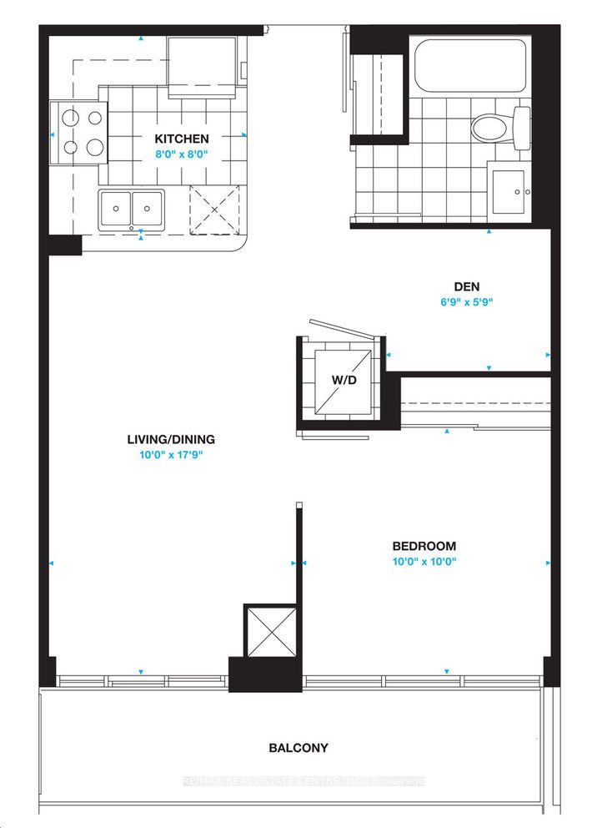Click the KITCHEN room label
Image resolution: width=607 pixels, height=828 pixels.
(x=180, y=139)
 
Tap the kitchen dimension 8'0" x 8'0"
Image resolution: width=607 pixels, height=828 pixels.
(x=180, y=154)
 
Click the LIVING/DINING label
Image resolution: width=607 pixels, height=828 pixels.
(x=171, y=439)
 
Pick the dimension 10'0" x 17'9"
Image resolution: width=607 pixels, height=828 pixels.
(x=171, y=456)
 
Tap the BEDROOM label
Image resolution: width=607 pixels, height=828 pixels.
(x=424, y=546)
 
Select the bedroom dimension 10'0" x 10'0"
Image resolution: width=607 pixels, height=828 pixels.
(x=424, y=562)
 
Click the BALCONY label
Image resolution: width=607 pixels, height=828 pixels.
(x=298, y=748)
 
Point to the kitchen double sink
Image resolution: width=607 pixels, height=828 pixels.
(x=132, y=208)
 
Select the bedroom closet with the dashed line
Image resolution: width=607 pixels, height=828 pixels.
(x=475, y=405)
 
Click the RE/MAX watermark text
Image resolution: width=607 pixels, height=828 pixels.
(x=303, y=781)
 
